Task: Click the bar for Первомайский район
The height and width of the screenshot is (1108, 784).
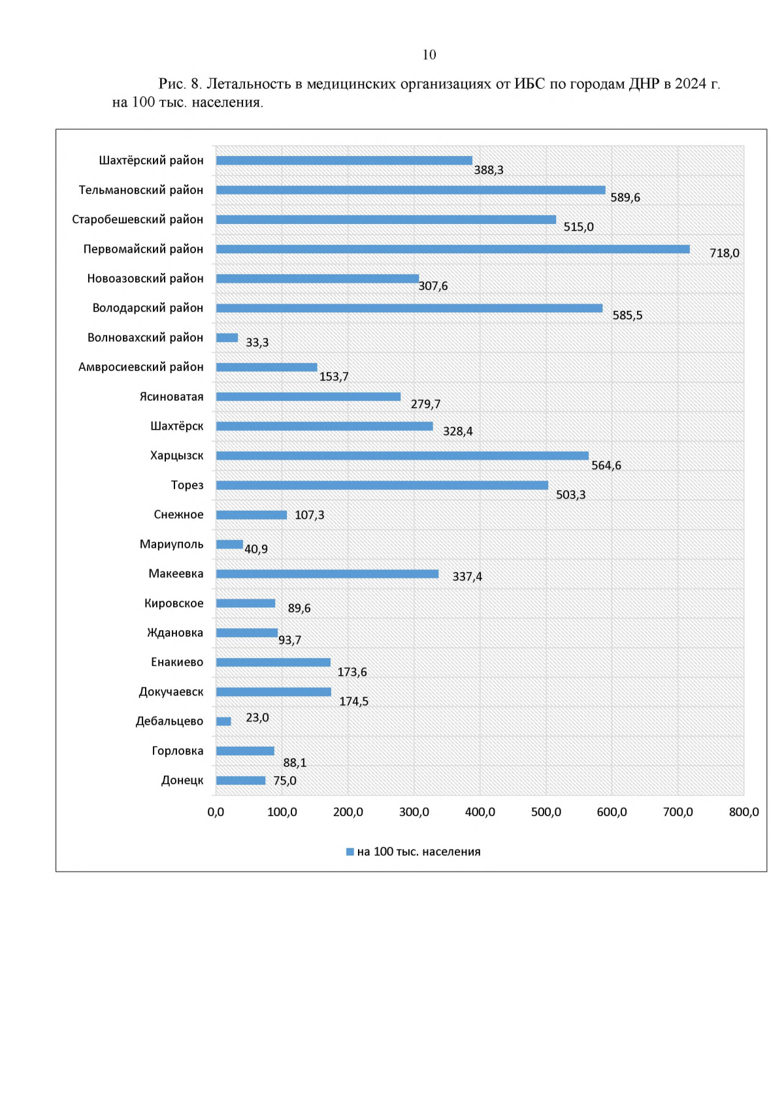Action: (453, 249)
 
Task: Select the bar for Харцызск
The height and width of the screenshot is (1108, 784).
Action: (402, 456)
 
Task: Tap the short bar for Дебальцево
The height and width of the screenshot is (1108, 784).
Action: (223, 721)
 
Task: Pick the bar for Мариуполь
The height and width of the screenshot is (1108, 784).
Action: (229, 545)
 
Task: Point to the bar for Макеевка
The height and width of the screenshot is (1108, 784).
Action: (327, 574)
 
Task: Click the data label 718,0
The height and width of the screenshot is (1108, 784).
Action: (725, 253)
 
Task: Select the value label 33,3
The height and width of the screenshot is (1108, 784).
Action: (257, 343)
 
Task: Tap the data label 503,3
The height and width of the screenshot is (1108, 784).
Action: (570, 495)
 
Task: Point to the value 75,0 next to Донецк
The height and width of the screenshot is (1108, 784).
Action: (284, 781)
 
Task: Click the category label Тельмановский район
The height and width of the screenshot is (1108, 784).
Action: (140, 190)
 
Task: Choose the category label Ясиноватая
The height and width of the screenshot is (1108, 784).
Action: (171, 397)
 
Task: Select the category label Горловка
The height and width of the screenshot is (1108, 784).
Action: (177, 751)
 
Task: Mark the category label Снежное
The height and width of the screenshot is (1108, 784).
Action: (178, 514)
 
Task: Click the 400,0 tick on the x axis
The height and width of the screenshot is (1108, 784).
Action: (480, 812)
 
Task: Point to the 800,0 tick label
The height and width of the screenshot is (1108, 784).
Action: (743, 812)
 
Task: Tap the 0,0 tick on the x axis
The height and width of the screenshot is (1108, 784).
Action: (216, 812)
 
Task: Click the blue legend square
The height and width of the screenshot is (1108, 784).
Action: (350, 852)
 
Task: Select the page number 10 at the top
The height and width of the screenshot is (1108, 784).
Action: (429, 55)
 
